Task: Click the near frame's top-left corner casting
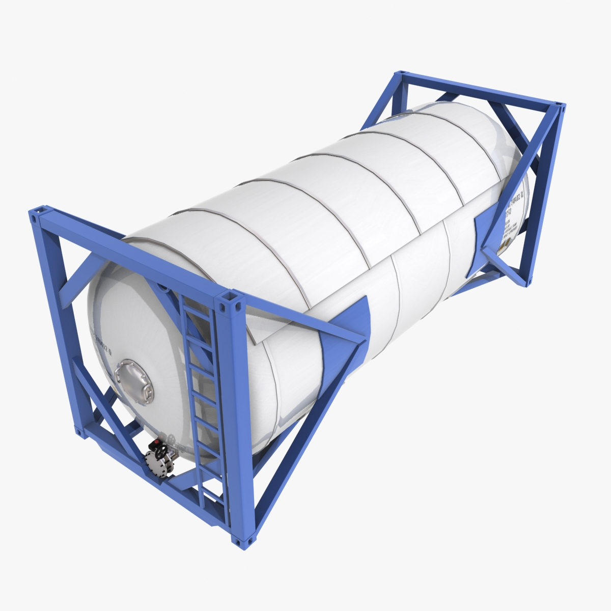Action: point(38,214)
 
